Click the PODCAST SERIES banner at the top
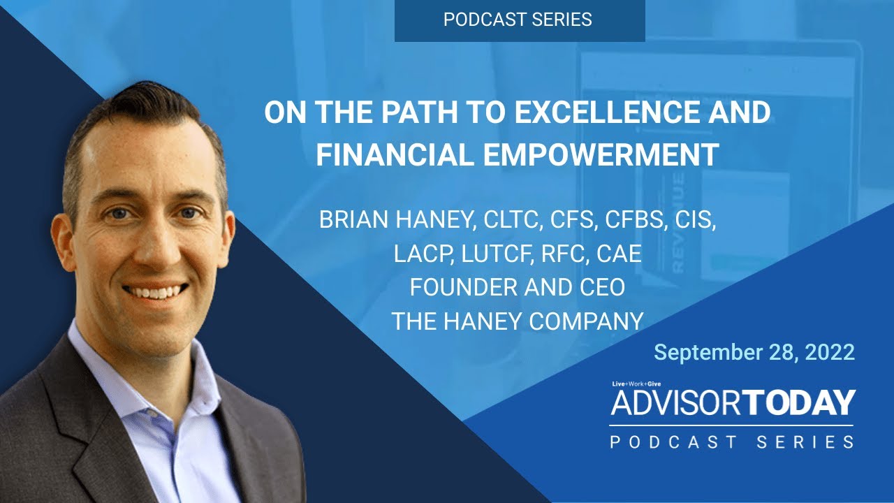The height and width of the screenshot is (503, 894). tap(518, 20)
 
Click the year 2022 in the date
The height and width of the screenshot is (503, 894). tap(829, 352)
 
